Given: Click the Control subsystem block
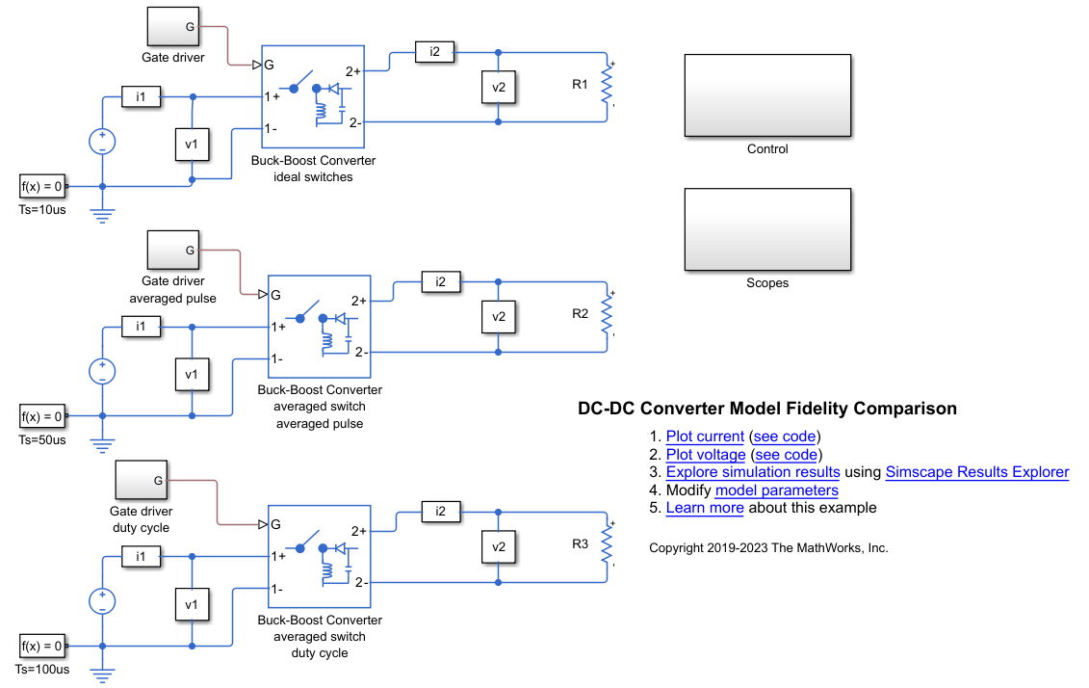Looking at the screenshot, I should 767,96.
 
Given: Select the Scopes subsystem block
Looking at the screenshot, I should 767,230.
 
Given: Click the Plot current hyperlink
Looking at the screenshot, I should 705,437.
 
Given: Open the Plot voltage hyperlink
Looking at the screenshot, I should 706,455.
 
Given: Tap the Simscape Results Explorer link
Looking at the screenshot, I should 976,472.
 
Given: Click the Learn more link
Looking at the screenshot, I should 705,508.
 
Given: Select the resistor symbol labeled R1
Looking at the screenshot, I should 608,85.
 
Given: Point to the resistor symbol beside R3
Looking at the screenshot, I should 608,544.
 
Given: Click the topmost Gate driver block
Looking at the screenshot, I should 173,27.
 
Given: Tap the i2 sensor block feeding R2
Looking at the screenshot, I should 441,281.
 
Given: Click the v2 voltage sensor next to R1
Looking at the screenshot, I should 499,87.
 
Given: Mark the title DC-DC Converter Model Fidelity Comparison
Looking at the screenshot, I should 767,409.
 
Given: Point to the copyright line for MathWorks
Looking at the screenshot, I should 768,548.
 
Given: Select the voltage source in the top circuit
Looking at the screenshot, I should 102,142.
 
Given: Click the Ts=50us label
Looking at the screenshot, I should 42,440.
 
